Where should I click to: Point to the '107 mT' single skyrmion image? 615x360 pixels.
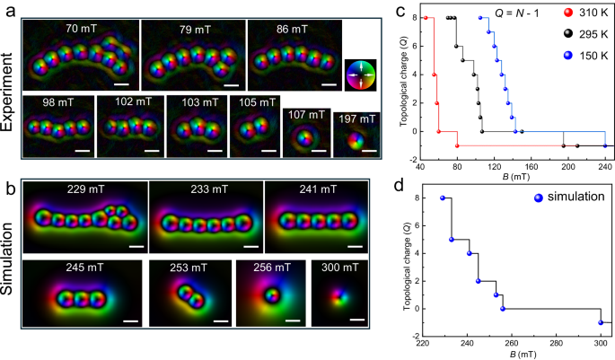[x=305, y=137]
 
